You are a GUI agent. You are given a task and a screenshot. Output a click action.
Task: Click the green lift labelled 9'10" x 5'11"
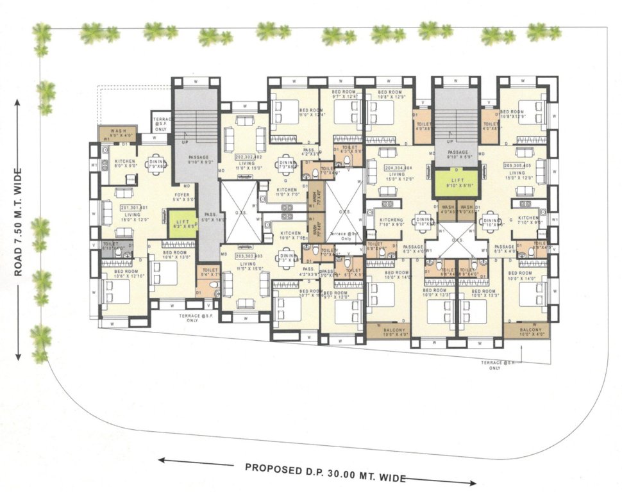pyautogui.click(x=456, y=183)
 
